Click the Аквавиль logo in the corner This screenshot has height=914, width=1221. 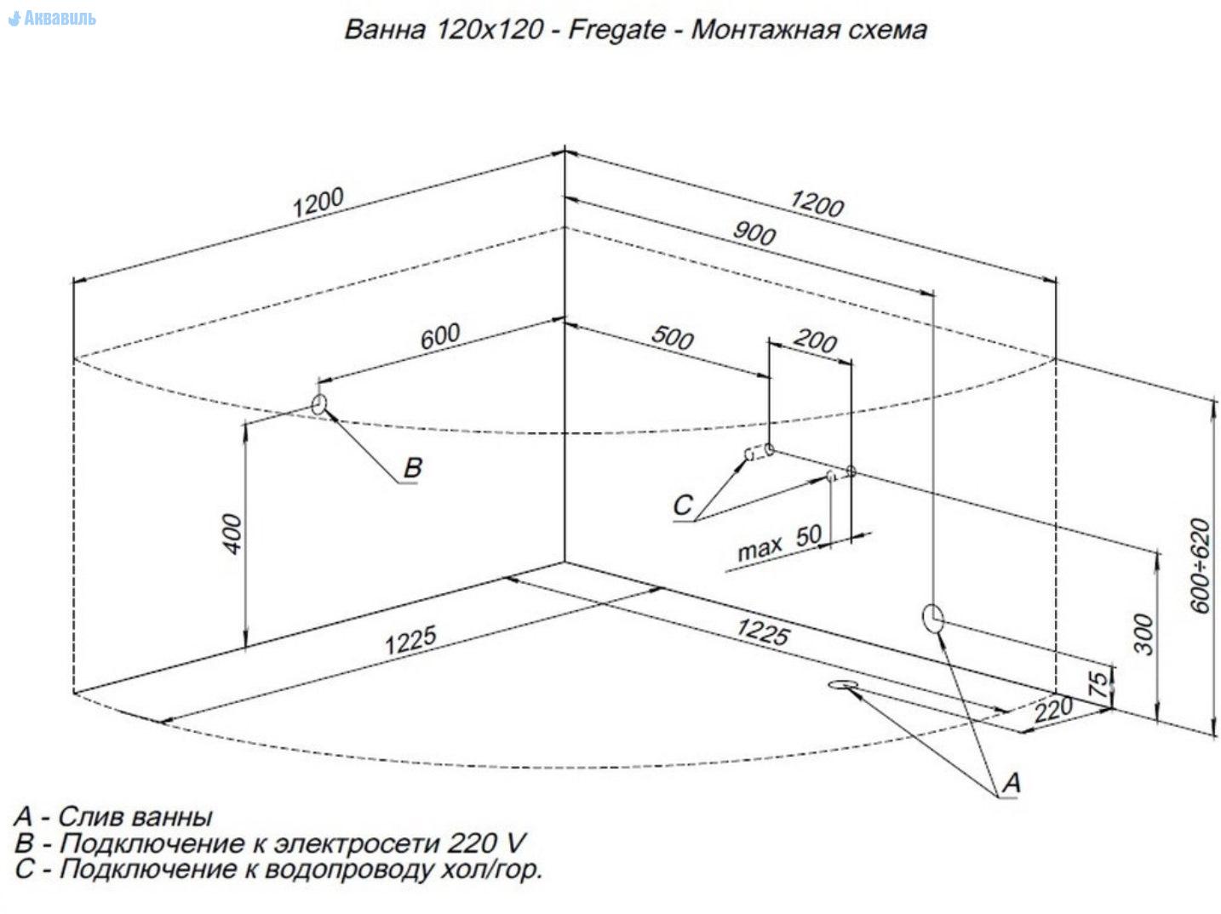click(x=53, y=18)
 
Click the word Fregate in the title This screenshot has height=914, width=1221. click(x=616, y=30)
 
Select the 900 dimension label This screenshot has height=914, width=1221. click(x=754, y=232)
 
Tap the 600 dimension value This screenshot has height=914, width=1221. click(x=441, y=336)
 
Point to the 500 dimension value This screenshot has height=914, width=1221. click(x=673, y=338)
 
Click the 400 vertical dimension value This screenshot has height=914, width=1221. click(x=232, y=534)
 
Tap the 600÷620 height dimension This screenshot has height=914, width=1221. click(x=1199, y=564)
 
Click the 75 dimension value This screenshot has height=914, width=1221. click(x=1099, y=684)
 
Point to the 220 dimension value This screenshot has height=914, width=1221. click(x=1054, y=709)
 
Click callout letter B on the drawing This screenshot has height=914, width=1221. click(x=412, y=467)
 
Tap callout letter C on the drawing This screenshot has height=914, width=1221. click(x=683, y=505)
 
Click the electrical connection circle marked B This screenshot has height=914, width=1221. click(x=319, y=404)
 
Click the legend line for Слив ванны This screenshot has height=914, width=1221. click(x=113, y=817)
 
